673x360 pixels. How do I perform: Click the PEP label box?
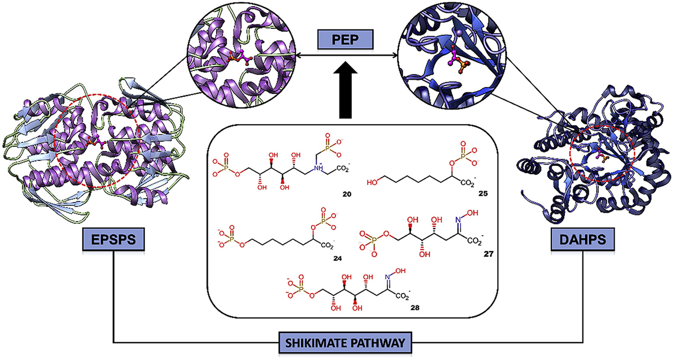[x=345, y=40]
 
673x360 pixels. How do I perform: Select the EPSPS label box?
[x=113, y=239]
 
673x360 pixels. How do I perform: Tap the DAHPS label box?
[x=582, y=239]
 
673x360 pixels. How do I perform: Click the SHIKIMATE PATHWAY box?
[x=345, y=343]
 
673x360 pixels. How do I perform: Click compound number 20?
[x=347, y=194]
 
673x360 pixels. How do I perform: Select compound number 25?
[x=483, y=193]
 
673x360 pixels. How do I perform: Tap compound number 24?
[x=337, y=258]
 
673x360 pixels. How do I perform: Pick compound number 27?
[x=488, y=254]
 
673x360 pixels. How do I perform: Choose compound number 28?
[x=415, y=308]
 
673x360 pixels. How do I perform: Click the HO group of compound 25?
[x=372, y=182]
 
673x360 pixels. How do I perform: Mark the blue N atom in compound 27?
[x=458, y=220]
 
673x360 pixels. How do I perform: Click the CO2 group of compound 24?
[x=327, y=246]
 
